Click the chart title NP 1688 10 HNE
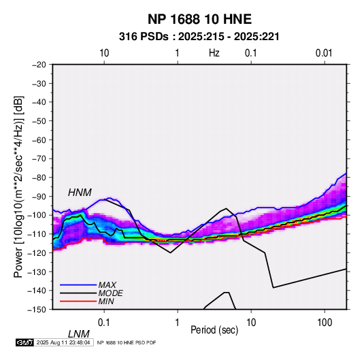(199, 19)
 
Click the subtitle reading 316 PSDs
(144, 37)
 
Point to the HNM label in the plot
(80, 193)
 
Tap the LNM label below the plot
(79, 334)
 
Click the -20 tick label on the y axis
(39, 65)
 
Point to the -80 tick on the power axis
(39, 178)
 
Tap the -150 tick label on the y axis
(37, 310)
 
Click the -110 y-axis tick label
(37, 234)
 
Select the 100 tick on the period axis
(325, 323)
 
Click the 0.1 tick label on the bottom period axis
(103, 323)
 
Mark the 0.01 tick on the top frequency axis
(324, 53)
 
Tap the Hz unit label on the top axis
(214, 53)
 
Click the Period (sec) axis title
(214, 330)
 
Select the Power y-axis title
(18, 186)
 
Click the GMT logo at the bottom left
(24, 342)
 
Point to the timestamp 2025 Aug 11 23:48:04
(63, 342)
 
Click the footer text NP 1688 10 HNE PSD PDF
(127, 342)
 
